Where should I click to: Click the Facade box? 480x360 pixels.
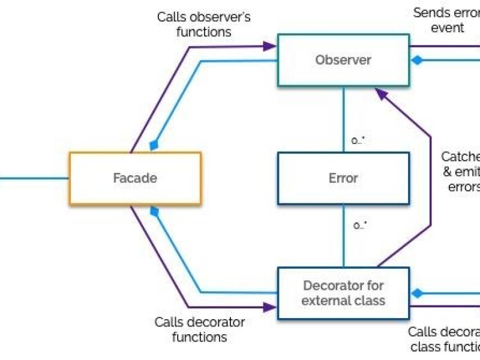[x=135, y=178]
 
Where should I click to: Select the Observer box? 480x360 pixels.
[x=343, y=60]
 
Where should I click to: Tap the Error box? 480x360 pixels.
[x=343, y=178]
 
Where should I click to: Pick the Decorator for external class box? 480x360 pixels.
[x=343, y=293]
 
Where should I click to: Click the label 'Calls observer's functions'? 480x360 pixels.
[x=203, y=24]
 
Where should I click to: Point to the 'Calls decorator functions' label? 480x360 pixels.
[x=199, y=329]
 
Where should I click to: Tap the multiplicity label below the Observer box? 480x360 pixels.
[x=359, y=140]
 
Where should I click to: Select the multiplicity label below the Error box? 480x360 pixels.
[x=359, y=226]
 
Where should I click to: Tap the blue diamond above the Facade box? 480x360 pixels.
[x=154, y=145]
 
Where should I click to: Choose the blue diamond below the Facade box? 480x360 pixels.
[x=154, y=211]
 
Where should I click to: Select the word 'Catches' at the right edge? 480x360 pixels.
[x=461, y=157]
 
